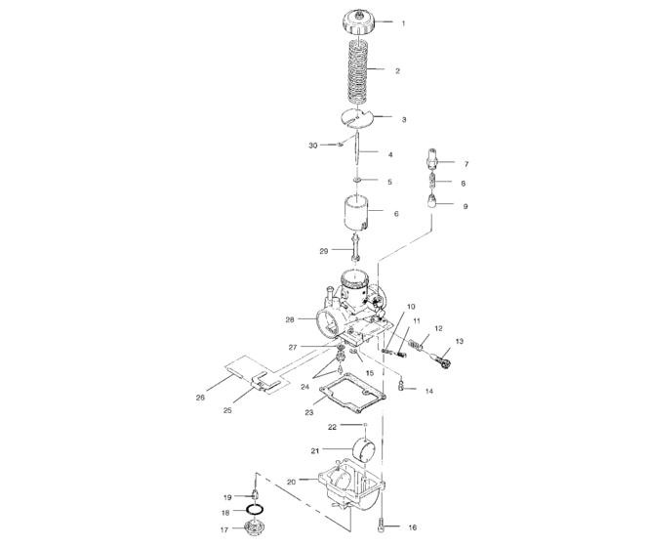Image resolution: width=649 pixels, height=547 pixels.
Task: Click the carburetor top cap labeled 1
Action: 358,21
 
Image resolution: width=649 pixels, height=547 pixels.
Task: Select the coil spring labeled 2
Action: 358,71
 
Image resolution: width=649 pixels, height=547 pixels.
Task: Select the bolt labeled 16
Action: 387,525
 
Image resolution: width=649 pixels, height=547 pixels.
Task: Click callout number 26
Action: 201,398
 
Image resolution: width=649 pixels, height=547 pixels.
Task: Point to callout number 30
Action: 313,146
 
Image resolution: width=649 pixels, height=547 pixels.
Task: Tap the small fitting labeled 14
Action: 400,389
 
